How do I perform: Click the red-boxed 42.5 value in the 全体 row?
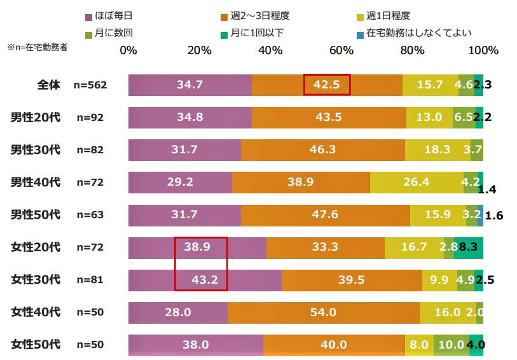tap(327, 85)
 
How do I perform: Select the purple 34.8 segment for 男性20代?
tap(190, 117)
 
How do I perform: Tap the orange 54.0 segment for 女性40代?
tap(323, 312)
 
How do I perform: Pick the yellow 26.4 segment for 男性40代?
tap(417, 183)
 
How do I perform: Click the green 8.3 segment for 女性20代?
tap(469, 247)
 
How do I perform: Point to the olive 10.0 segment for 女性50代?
tap(452, 345)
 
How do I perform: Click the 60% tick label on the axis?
tap(341, 50)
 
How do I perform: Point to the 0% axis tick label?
tap(128, 50)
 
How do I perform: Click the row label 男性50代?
tap(36, 215)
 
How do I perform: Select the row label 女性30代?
tap(36, 280)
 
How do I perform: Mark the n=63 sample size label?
tap(90, 215)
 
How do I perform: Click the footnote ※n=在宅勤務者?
tap(37, 47)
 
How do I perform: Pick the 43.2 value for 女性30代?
tap(200, 280)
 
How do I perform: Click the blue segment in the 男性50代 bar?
tap(481, 215)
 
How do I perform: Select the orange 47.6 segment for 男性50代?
tap(326, 215)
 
